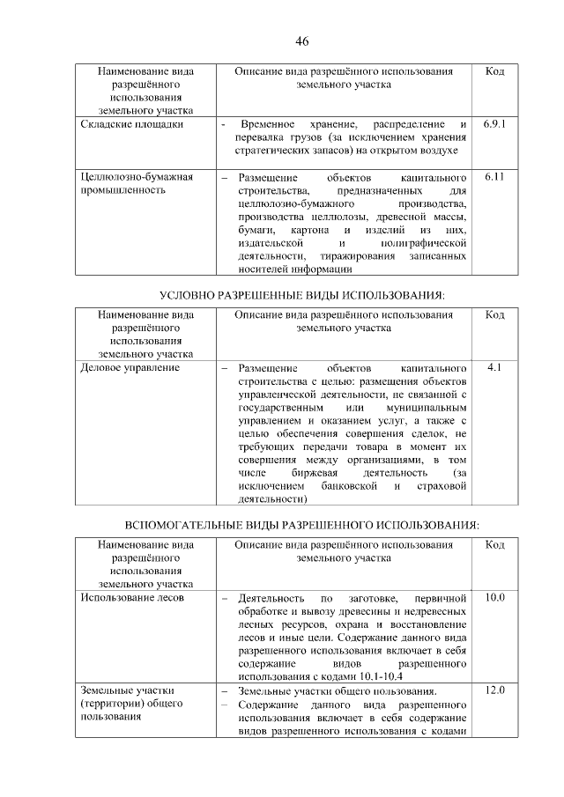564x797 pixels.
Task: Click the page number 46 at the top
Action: [301, 41]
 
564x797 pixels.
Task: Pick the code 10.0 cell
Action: [494, 598]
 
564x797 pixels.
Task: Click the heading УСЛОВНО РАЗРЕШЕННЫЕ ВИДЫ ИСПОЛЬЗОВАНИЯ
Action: [301, 292]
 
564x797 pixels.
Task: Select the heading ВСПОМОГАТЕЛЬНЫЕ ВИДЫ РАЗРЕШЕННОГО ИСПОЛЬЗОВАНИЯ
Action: [301, 525]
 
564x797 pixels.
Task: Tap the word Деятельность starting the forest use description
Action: [273, 598]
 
